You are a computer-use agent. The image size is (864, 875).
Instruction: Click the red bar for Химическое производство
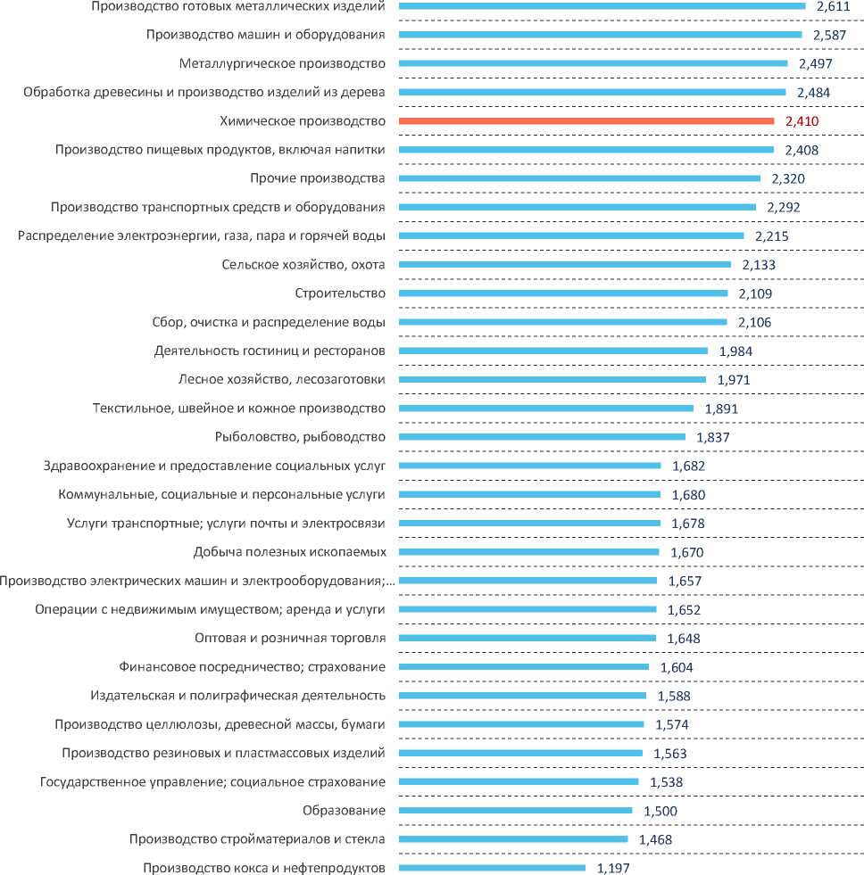click(x=586, y=121)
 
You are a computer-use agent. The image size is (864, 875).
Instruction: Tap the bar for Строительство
click(x=563, y=293)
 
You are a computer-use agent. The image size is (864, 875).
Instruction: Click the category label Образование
click(x=345, y=811)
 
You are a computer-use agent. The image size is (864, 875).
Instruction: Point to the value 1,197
click(x=613, y=867)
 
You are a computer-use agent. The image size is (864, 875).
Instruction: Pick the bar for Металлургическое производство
click(x=593, y=63)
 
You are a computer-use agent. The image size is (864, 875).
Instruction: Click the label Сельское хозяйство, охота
click(x=303, y=265)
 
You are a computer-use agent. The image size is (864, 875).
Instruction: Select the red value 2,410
click(x=802, y=121)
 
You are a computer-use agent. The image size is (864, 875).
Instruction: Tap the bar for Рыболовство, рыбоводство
click(x=542, y=437)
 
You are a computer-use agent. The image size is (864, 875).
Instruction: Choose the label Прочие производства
click(x=318, y=178)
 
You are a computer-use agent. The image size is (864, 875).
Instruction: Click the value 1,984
click(x=735, y=351)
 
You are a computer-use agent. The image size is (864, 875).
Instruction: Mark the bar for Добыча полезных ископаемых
click(x=528, y=552)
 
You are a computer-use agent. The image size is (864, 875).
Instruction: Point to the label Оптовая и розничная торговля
click(x=290, y=639)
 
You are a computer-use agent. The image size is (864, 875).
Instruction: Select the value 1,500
click(x=660, y=811)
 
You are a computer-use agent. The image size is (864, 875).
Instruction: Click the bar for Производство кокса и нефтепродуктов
click(x=492, y=868)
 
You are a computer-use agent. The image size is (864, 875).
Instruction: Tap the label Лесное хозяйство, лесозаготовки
click(x=282, y=380)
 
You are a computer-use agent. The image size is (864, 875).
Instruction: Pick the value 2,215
click(x=771, y=236)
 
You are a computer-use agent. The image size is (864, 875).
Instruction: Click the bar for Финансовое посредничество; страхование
click(x=524, y=667)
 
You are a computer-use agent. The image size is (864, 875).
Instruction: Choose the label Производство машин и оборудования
click(x=265, y=35)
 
